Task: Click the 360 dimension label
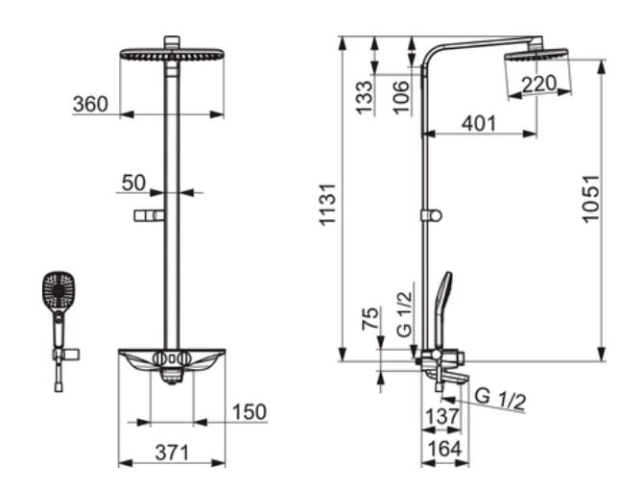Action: pyautogui.click(x=90, y=104)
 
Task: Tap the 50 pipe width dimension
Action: pyautogui.click(x=133, y=183)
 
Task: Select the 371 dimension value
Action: pyautogui.click(x=172, y=453)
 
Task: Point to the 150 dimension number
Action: pyautogui.click(x=249, y=412)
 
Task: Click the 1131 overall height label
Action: pyautogui.click(x=328, y=205)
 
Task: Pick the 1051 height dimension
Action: pyautogui.click(x=591, y=199)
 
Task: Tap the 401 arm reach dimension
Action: pyautogui.click(x=479, y=123)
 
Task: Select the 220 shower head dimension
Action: pyautogui.click(x=538, y=84)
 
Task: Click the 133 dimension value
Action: pyautogui.click(x=364, y=97)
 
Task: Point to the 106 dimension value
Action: pyautogui.click(x=401, y=97)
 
